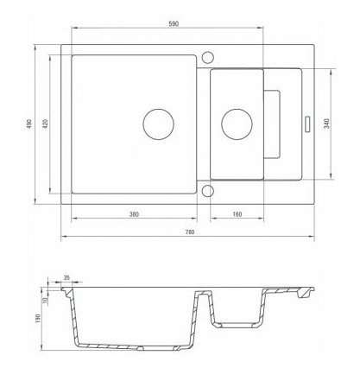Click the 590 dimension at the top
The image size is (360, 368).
(174, 24)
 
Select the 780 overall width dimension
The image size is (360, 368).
(190, 232)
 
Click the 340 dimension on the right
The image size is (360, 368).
(327, 124)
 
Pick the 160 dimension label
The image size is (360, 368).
(237, 214)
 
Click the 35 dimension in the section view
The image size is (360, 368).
(66, 278)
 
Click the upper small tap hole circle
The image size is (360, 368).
(207, 57)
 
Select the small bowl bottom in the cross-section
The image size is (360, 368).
(235, 325)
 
